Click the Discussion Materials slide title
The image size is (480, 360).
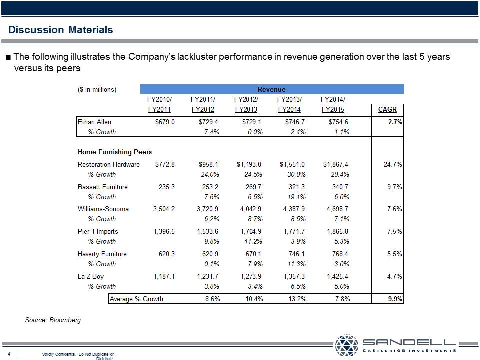click(x=61, y=30)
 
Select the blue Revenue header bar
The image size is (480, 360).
click(x=272, y=89)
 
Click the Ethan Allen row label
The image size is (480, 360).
click(x=95, y=122)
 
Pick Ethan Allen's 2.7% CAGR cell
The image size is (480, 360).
click(x=395, y=122)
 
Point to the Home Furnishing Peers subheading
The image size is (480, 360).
click(x=115, y=152)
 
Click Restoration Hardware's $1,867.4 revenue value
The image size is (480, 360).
click(x=336, y=164)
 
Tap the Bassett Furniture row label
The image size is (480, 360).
click(x=103, y=187)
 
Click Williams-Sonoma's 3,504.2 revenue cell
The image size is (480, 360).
click(x=164, y=209)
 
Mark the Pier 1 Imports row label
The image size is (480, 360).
click(x=98, y=231)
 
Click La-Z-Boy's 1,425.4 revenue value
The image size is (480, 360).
click(x=336, y=276)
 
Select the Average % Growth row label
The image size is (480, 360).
click(x=136, y=299)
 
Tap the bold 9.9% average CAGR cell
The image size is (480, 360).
click(x=395, y=299)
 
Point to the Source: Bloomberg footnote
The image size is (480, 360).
click(x=53, y=320)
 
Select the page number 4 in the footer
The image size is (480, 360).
click(x=9, y=354)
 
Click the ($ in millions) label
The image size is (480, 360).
click(x=97, y=89)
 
